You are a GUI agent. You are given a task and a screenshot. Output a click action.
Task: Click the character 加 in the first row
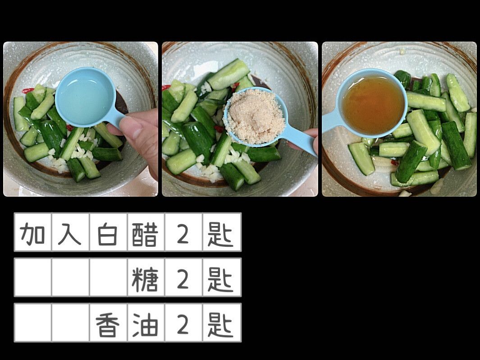32,235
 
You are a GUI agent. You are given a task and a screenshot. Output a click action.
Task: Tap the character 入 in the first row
70,235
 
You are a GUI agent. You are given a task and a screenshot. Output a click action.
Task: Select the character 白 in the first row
107,235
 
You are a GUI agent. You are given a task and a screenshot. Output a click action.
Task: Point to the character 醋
145,235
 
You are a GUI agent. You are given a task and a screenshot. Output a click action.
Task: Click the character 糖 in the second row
145,279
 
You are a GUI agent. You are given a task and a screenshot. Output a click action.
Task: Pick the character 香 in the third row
107,325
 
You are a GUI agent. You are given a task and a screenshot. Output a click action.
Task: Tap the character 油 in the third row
145,325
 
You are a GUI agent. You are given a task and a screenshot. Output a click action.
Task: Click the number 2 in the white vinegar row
183,235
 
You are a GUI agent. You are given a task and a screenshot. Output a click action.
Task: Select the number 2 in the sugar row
183,279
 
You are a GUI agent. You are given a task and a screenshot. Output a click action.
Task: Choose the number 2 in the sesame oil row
183,325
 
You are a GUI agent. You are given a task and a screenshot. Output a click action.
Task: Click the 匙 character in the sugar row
220,279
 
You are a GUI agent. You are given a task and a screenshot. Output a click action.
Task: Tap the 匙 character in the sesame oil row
220,325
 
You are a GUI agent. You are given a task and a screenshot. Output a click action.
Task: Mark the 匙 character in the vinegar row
220,235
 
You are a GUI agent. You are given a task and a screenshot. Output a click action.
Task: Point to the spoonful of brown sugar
254,116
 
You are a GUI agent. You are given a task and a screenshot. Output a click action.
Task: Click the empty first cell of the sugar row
33,277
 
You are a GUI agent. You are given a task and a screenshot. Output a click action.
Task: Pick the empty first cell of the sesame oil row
33,323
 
